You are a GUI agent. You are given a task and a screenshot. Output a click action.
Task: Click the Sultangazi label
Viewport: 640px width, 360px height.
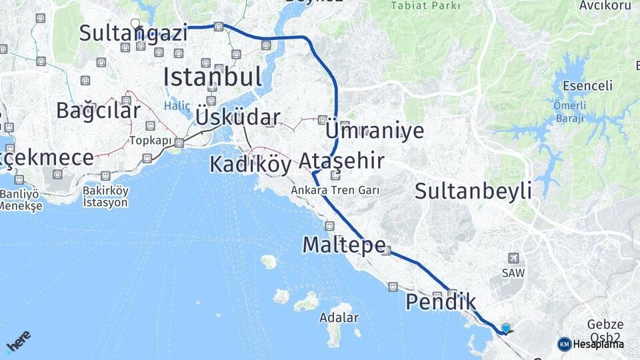tap(133, 33)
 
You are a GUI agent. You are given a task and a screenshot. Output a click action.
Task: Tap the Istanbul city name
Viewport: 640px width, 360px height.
tap(212, 77)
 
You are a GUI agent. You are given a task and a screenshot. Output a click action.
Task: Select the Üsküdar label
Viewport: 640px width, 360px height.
tap(237, 117)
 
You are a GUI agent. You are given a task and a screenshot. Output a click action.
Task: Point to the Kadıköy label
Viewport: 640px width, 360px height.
tap(251, 164)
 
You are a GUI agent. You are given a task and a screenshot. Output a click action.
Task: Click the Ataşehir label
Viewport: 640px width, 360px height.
tap(341, 161)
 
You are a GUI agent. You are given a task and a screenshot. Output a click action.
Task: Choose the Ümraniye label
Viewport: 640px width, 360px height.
tap(374, 130)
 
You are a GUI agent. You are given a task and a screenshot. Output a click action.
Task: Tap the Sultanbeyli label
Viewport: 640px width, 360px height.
tap(473, 191)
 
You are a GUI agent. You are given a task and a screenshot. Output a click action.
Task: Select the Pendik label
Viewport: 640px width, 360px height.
tap(441, 303)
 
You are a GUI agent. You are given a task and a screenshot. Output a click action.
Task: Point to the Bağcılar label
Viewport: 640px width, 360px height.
tap(98, 110)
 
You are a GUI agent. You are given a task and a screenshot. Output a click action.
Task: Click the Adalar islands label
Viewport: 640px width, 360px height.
tap(339, 317)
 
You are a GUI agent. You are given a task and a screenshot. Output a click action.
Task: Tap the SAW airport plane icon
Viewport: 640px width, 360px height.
tap(513, 257)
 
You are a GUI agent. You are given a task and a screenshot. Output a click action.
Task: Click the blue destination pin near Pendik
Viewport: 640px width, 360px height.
tap(505, 328)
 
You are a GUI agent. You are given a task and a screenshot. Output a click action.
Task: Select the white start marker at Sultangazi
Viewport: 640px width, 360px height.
tap(135, 24)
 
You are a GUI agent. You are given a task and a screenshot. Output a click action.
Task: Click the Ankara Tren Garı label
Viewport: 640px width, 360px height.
tap(335, 190)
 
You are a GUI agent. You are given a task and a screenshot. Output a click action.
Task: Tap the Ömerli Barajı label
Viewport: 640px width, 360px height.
tap(569, 111)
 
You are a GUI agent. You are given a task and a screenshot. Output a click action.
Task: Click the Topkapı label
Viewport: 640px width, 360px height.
tap(151, 141)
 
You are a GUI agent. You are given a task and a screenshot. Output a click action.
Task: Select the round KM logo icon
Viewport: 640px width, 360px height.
tap(564, 344)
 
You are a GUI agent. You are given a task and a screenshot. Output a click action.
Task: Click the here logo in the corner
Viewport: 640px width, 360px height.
tap(18, 341)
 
